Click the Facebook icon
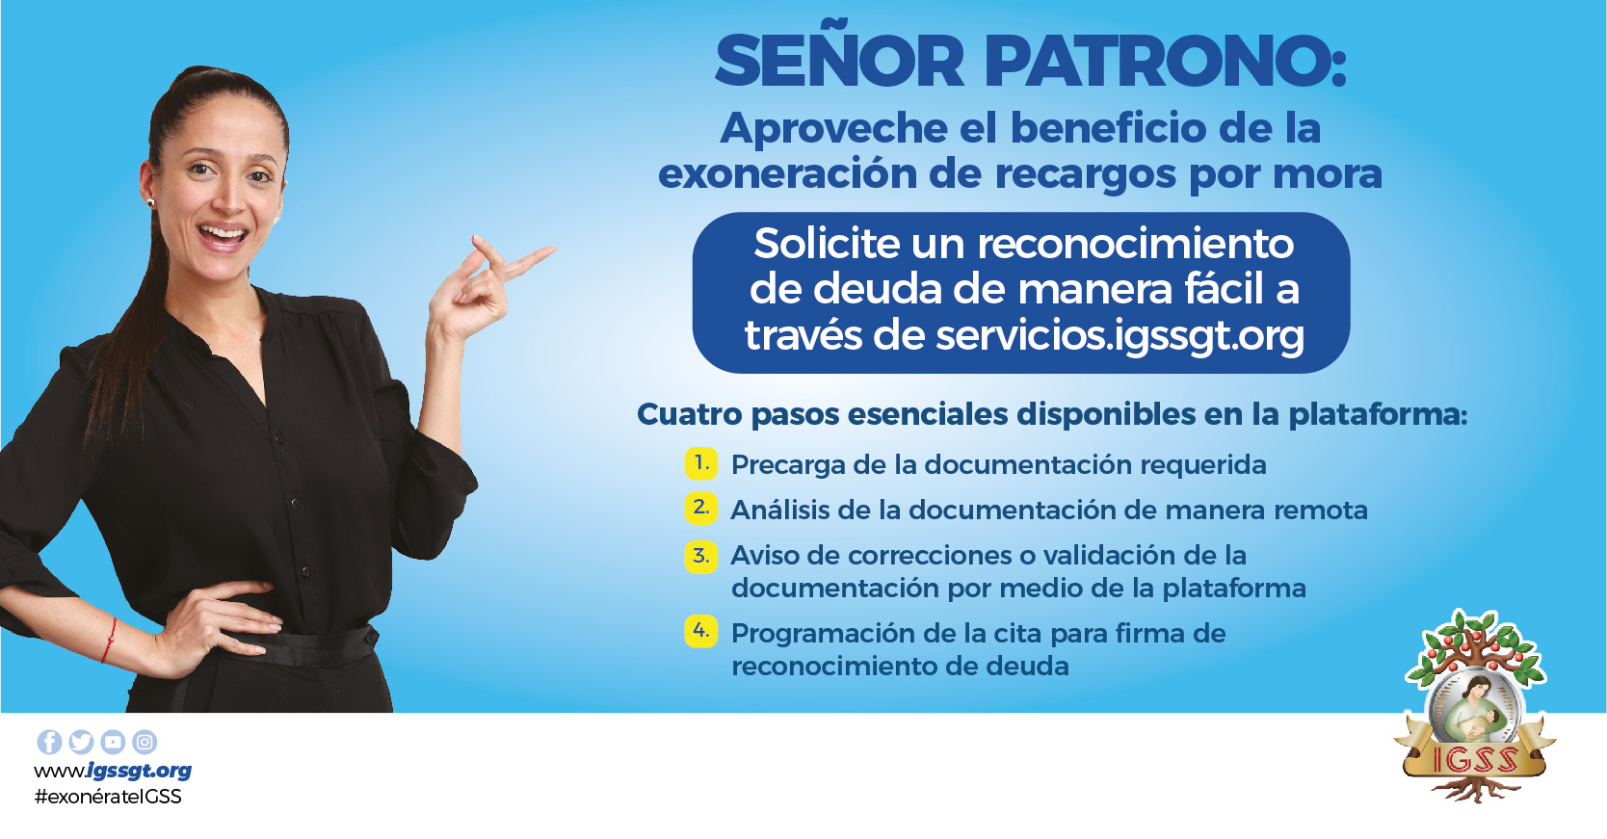[49, 742]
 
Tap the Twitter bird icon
[81, 742]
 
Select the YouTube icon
[113, 742]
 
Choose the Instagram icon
[145, 742]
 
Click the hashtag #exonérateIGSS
[108, 797]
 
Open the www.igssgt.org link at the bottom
[113, 771]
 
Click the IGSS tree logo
[1475, 706]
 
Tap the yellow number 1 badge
[701, 463]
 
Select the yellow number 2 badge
[701, 509]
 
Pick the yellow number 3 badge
[701, 557]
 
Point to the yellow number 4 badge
[701, 632]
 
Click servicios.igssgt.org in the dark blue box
[1120, 336]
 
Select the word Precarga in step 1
[789, 465]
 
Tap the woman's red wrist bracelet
[109, 641]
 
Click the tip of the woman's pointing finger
[554, 249]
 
